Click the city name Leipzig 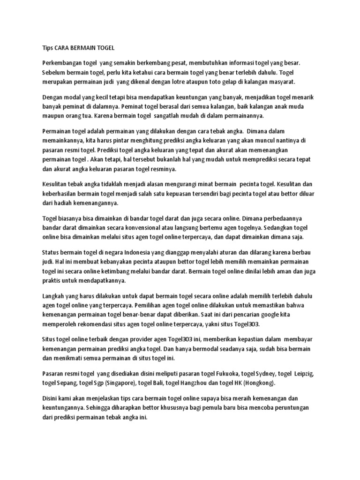pos(304,374)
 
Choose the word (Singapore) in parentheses pos(122,383)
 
